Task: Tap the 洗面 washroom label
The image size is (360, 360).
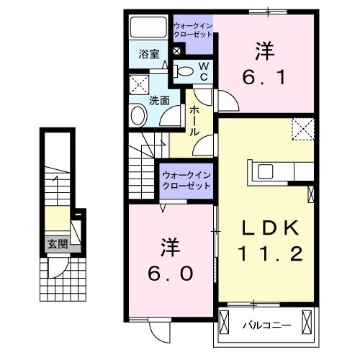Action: [159, 101]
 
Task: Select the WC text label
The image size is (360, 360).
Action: [203, 71]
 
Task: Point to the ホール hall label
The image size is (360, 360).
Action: [195, 121]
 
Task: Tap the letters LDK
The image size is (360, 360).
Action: [269, 228]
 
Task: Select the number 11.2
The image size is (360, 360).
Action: [269, 253]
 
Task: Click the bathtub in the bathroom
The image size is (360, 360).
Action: [148, 28]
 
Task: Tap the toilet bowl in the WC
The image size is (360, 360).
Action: [184, 71]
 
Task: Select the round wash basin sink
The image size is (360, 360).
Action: [138, 114]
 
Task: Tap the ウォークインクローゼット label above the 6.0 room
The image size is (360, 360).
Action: [186, 181]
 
